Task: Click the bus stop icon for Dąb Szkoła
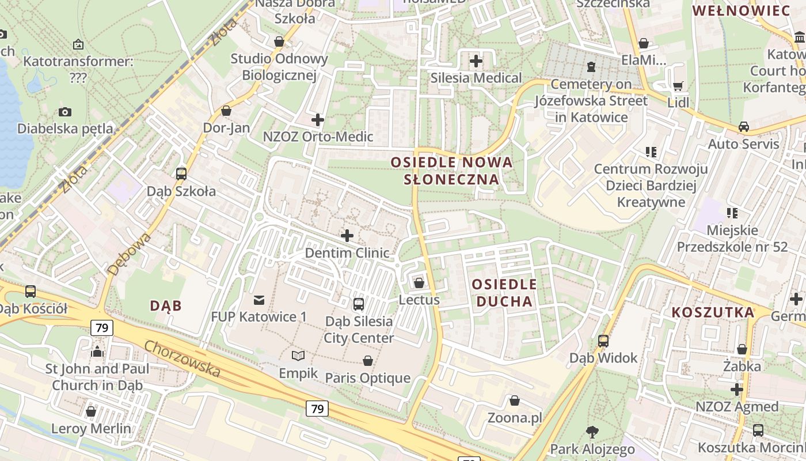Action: pos(181,173)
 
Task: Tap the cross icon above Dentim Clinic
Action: pos(347,236)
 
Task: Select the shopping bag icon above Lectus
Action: pos(419,283)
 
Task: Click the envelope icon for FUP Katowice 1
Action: pos(258,300)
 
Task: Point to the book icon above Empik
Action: pos(298,356)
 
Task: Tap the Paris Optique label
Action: pos(368,378)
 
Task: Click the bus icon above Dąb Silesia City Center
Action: pos(359,304)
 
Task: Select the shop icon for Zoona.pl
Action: pos(515,400)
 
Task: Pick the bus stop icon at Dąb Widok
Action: pos(603,341)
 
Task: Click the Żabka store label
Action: pos(742,366)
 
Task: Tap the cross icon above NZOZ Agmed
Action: pos(737,390)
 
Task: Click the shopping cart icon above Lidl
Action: pos(678,86)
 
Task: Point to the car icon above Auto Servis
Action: pos(744,127)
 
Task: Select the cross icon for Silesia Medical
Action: pos(476,61)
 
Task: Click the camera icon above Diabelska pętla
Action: pos(65,112)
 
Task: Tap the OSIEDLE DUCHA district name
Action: pos(504,293)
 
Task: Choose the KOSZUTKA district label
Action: pos(713,313)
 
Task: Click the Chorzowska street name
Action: pos(182,359)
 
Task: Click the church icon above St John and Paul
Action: pos(97,352)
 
